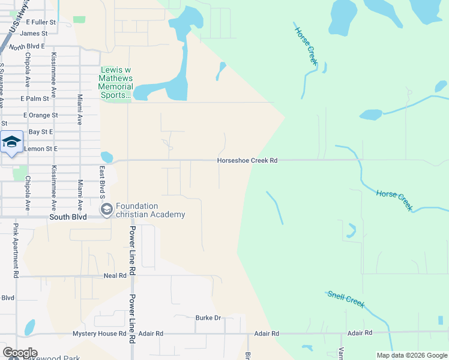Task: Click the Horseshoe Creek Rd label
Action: (x=247, y=161)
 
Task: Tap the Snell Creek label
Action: (x=346, y=298)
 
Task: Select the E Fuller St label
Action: (x=41, y=22)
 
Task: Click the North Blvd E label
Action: (x=28, y=47)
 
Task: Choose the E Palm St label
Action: (x=34, y=98)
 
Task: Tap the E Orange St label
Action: (x=40, y=115)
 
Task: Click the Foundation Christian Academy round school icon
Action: (x=107, y=209)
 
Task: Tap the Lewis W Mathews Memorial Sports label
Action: (x=116, y=83)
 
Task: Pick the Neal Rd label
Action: (x=115, y=275)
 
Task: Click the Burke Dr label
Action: (x=208, y=318)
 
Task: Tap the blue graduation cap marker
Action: (x=11, y=143)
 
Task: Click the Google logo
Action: (x=20, y=353)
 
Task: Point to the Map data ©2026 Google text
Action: (x=411, y=355)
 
